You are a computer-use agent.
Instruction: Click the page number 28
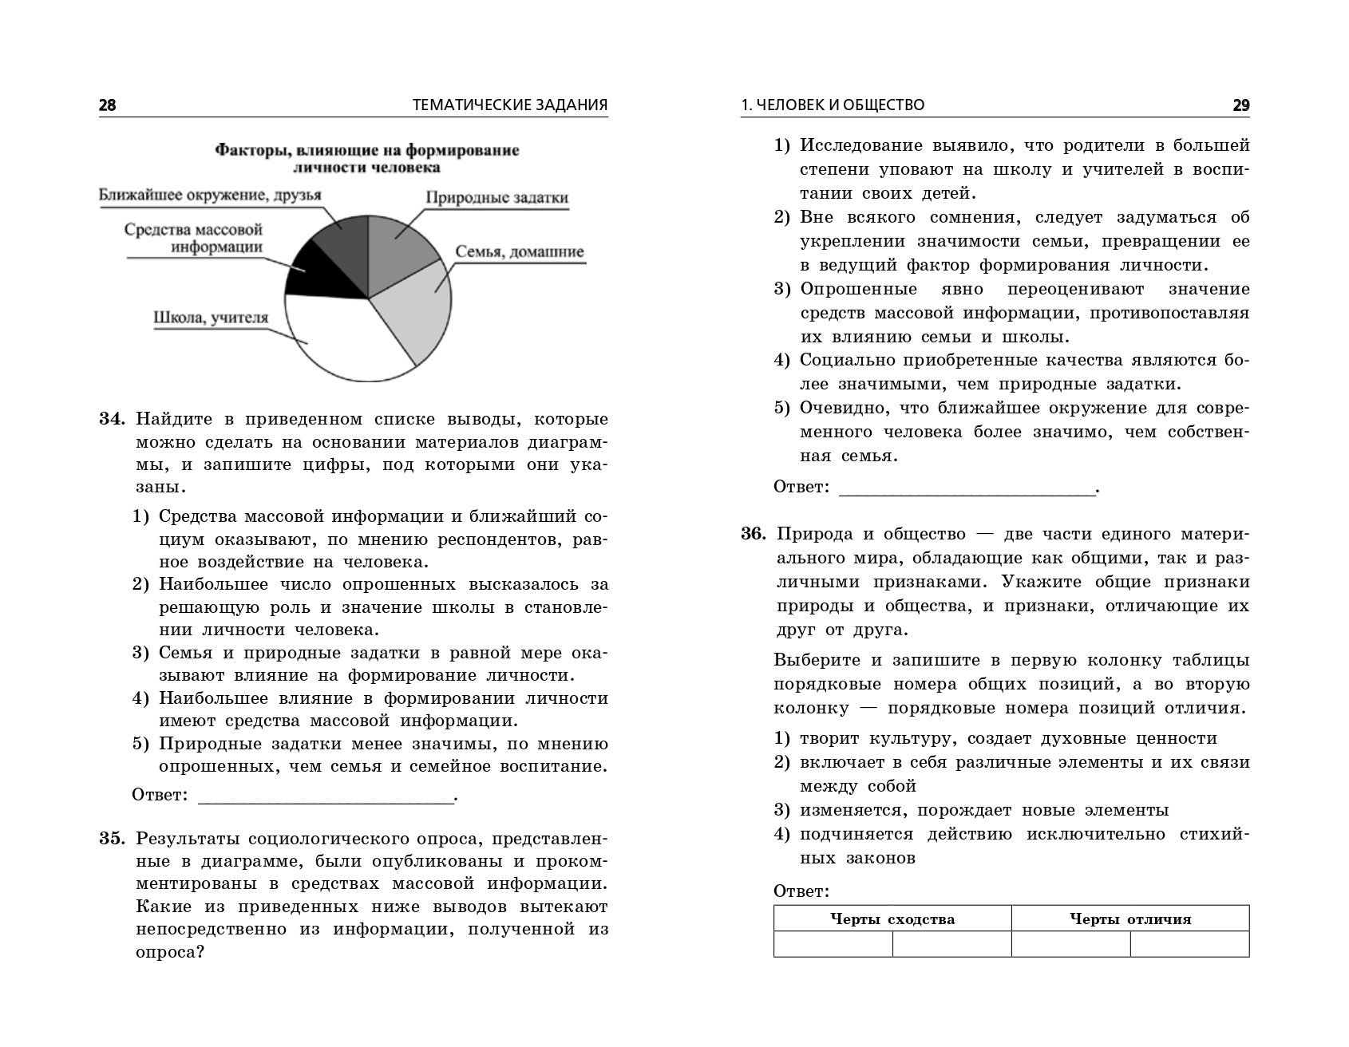pos(107,105)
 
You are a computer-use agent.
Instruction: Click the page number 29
pos(1240,105)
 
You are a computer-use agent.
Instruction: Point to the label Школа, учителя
pos(210,318)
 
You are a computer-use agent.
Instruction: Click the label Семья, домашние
pos(519,252)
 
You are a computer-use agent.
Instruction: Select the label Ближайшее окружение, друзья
pos(210,196)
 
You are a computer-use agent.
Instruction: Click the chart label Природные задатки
pos(496,198)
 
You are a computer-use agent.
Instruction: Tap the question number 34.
pos(113,419)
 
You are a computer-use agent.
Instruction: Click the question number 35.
pos(113,839)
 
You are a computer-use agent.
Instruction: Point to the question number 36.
pos(755,534)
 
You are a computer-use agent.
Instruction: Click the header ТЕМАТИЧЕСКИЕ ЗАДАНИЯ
pos(510,105)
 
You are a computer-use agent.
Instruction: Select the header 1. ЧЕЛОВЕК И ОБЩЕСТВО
pos(833,105)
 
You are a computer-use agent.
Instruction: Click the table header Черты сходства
pos(892,919)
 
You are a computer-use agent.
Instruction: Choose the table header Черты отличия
pos(1129,919)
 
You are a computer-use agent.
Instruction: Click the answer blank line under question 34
pos(325,799)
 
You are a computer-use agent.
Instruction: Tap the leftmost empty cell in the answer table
pos(833,944)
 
